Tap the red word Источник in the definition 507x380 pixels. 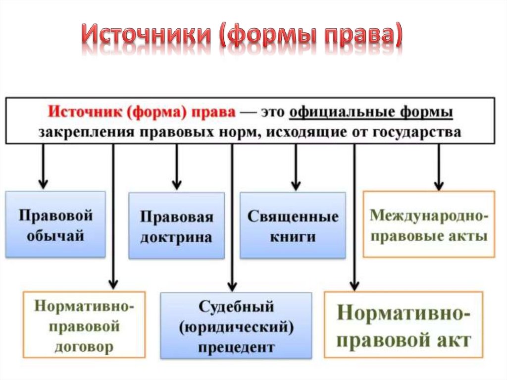[85, 112]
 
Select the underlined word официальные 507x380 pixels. [342, 112]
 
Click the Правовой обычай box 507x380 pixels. [55, 224]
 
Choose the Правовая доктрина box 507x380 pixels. [177, 226]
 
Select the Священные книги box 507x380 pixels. [293, 225]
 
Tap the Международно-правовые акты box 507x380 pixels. [429, 224]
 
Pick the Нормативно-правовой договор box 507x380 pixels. [84, 325]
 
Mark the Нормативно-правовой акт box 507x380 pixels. [404, 325]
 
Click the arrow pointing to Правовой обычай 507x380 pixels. [43, 166]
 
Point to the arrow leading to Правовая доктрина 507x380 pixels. [177, 167]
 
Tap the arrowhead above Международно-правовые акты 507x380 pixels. [439, 186]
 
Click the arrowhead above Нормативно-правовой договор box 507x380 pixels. [113, 284]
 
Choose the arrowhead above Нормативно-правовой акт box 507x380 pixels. [355, 286]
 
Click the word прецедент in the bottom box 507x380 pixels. [236, 347]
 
